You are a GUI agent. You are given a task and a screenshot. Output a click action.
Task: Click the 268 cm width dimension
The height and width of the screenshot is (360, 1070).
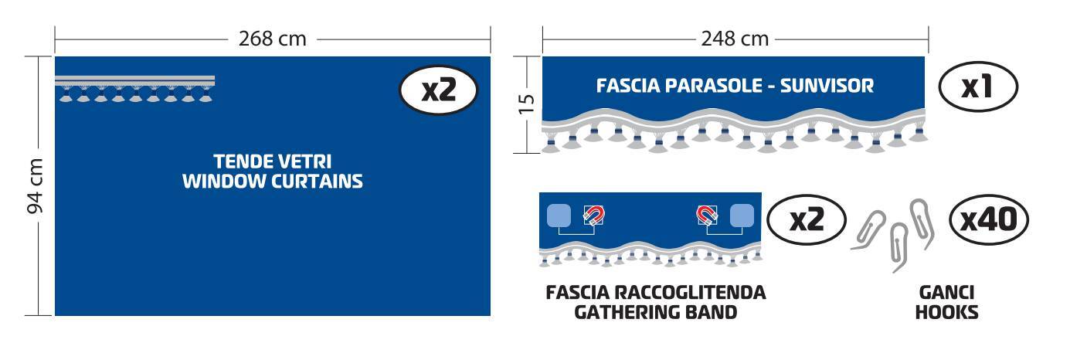272,39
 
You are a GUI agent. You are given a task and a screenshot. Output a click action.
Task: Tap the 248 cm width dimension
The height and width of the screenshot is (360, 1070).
735,39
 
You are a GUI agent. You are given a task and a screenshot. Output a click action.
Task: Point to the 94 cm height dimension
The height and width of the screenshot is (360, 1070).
35,185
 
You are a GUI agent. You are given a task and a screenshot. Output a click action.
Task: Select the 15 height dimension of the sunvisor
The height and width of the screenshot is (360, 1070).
526,104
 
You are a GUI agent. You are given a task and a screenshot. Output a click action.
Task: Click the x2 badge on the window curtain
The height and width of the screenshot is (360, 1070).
439,90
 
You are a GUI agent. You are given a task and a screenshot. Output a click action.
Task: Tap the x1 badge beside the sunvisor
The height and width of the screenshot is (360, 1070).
978,87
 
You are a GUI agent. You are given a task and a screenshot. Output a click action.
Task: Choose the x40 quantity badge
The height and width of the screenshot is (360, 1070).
988,219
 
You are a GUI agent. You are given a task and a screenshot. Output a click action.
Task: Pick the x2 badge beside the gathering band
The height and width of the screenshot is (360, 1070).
807,219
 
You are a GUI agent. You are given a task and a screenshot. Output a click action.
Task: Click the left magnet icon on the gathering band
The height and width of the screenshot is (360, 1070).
594,216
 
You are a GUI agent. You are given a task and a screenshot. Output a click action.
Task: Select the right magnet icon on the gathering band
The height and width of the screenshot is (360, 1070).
707,216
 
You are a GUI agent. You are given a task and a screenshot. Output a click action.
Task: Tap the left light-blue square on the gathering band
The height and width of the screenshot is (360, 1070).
559,216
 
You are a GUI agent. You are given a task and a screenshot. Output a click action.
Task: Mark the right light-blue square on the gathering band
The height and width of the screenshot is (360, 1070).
742,216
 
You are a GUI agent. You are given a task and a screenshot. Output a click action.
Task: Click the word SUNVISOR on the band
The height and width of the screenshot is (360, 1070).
827,86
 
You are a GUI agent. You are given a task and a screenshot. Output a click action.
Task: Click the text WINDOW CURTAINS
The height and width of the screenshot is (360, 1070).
272,182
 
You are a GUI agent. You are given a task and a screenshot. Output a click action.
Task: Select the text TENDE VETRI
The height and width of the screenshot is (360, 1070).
272,161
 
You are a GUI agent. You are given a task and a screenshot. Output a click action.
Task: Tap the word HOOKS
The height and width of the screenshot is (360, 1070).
946,312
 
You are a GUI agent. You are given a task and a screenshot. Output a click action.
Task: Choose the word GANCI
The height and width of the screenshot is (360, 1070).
946,292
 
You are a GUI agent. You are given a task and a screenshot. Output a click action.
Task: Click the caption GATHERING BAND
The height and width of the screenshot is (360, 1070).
655,312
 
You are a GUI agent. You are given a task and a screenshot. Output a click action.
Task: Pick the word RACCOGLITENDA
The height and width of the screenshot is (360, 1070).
690,292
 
